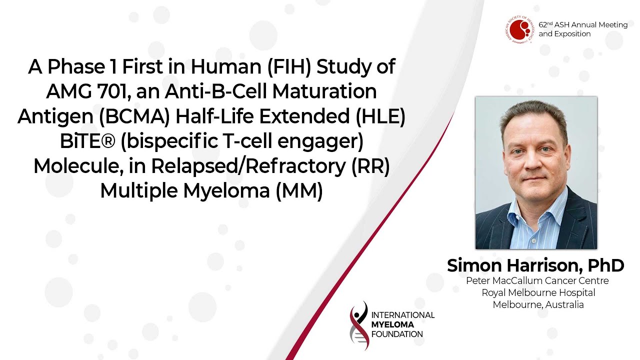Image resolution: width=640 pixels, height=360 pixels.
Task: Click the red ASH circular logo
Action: (519, 29)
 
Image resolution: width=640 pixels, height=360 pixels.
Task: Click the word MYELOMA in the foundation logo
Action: (392, 324)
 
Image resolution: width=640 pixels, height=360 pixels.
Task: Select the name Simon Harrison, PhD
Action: (535, 265)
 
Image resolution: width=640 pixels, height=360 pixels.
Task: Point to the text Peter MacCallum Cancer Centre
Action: (537, 280)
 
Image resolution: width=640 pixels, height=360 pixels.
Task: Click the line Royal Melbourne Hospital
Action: (538, 292)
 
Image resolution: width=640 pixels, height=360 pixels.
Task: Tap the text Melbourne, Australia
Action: (538, 304)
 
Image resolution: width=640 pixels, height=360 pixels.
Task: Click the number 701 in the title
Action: (114, 91)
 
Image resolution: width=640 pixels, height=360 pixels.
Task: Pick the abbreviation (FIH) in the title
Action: (289, 66)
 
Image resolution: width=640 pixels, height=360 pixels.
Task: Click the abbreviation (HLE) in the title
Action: (380, 116)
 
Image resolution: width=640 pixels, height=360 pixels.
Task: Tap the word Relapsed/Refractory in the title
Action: (248, 166)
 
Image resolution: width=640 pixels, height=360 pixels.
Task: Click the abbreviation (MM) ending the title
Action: (299, 190)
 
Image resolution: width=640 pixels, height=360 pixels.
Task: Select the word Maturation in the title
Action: (324, 91)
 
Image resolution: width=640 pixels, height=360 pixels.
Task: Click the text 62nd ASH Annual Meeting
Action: (583, 25)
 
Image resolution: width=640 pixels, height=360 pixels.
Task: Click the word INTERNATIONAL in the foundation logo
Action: (403, 315)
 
